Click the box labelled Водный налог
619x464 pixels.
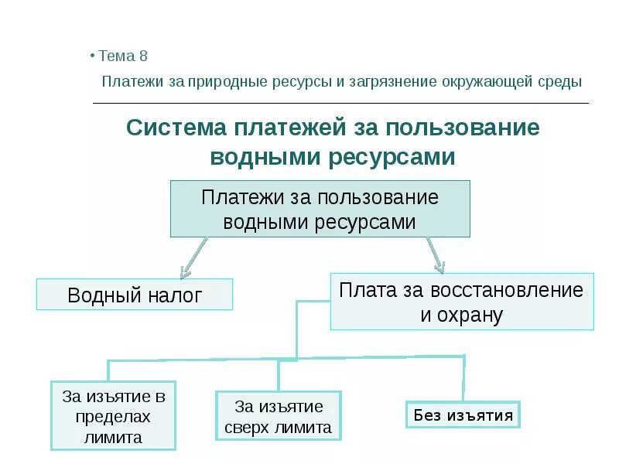135,295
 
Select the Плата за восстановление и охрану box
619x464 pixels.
462,302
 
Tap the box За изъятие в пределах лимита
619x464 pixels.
113,416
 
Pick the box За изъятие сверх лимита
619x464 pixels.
278,416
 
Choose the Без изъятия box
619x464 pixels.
463,415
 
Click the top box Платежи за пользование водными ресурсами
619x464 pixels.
320,209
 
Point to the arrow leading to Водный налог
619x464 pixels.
193,258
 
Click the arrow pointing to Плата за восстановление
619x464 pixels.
434,255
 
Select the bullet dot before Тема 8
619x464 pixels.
92,56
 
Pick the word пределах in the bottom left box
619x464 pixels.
113,416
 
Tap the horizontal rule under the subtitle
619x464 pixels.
340,103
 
